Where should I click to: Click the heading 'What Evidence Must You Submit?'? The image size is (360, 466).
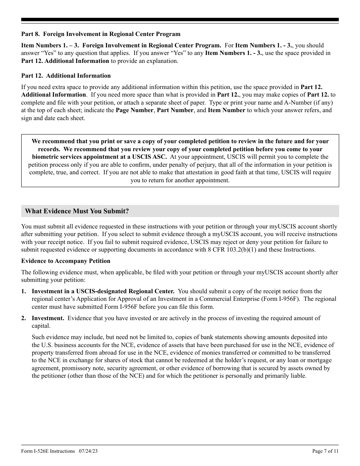coord(77,211)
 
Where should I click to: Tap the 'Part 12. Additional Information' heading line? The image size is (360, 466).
coord(66,76)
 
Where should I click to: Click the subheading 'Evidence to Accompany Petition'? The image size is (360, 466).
coord(66,261)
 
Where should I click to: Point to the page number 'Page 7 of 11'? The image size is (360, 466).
coord(325,451)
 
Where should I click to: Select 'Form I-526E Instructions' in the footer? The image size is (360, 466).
coord(48,451)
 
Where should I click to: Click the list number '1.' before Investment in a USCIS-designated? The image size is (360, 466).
coord(24,291)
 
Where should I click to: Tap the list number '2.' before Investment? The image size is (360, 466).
coord(24,318)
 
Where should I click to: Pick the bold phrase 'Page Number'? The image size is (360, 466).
coord(135,110)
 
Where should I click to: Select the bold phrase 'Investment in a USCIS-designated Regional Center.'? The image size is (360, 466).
coord(103,291)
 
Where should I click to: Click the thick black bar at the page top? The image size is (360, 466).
coord(180,20)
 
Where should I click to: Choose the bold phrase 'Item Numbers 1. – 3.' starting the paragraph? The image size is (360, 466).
coord(49,45)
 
